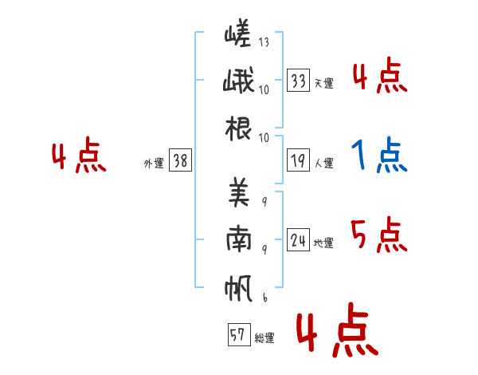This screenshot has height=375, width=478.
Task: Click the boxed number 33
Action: tap(299, 80)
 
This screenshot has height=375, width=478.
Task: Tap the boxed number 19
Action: tap(299, 160)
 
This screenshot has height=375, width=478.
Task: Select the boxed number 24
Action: tap(299, 239)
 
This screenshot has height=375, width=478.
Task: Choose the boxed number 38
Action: tap(180, 160)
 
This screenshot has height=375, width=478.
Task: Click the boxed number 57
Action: tap(237, 335)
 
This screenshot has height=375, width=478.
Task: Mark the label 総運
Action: tap(264, 338)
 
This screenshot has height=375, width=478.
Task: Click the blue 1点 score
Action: tap(379, 156)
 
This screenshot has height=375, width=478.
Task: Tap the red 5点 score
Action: tap(378, 235)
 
